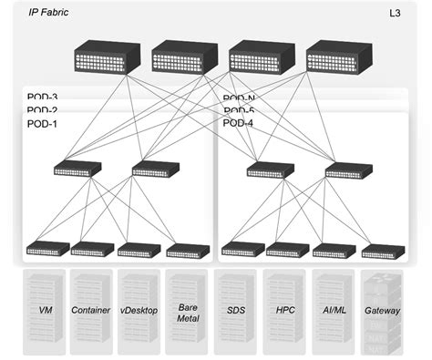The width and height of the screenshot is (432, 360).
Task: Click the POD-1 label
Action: [x=43, y=123]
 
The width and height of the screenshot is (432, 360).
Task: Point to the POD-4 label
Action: [x=238, y=123]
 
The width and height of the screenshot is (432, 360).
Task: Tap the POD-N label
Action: [x=239, y=98]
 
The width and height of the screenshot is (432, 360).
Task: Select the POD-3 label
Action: [x=43, y=98]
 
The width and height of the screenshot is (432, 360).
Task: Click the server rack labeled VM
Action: [x=45, y=310]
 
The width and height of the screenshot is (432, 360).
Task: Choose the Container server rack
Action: [x=91, y=310]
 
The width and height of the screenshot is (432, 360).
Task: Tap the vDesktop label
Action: [x=139, y=311]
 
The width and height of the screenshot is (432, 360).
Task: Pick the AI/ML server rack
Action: [x=333, y=310]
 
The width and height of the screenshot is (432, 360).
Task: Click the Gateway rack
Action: [x=381, y=310]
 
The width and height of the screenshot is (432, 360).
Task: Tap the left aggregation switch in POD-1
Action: [x=71, y=169]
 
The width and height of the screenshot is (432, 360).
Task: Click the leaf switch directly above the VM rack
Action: [x=45, y=248]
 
